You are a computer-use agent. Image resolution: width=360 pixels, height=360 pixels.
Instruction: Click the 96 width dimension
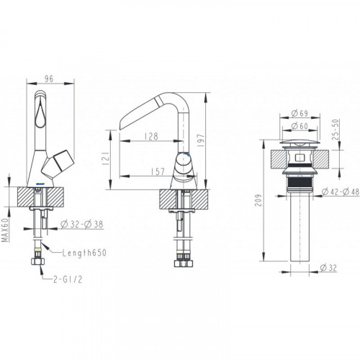coord(49,78)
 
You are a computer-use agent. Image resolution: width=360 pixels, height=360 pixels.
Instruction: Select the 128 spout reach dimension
coord(152,136)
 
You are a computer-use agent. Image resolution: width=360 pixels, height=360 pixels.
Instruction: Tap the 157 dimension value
coord(158,172)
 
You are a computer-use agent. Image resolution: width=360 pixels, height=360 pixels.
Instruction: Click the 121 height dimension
coord(106,158)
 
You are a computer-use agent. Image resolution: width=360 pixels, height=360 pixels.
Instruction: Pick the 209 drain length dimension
coord(258,200)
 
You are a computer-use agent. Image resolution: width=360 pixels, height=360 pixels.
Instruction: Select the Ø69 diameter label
coord(300,113)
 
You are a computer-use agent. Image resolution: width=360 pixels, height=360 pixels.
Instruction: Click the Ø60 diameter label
coord(300,126)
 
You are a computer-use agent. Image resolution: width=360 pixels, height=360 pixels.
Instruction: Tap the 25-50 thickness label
coord(336,130)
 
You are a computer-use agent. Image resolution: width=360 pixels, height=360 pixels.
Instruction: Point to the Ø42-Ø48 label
coord(341,192)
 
